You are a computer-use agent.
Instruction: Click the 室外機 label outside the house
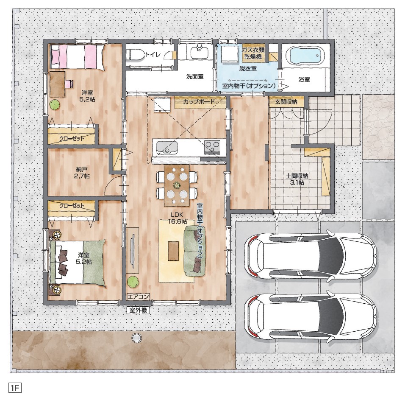coord(138,310)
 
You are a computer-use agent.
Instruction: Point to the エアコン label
coord(138,297)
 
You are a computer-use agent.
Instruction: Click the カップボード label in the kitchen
coord(200,102)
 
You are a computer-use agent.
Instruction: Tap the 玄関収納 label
coord(286,102)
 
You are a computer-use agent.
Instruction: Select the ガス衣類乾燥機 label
coord(253,53)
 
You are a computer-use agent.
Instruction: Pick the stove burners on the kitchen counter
coord(212,147)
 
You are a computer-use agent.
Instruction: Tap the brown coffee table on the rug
coord(173,251)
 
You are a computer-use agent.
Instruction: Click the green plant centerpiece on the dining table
coord(177,185)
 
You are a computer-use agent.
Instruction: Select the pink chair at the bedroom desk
coord(69,84)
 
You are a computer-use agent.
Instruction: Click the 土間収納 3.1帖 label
coord(297,179)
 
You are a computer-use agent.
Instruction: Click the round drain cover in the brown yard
coord(137,337)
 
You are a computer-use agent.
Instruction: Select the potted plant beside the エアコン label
coord(133,282)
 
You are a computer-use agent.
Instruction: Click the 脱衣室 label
coord(248,69)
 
